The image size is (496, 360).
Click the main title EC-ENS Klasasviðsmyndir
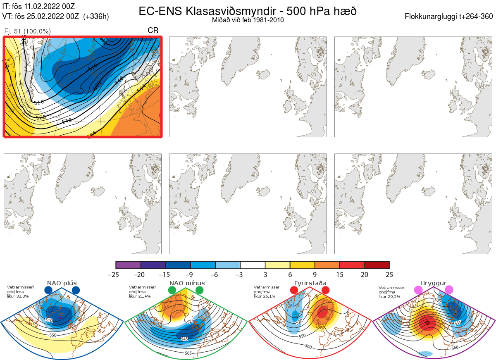(x=248, y=11)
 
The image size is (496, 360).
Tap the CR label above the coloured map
(x=153, y=30)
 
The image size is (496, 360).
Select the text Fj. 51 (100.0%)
(x=27, y=31)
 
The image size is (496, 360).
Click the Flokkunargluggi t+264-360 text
(x=450, y=17)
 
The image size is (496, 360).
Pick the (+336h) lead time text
(x=96, y=17)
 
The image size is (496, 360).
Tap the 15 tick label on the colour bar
(x=339, y=274)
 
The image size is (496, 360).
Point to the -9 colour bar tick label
(x=191, y=274)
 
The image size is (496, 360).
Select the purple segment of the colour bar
(x=128, y=265)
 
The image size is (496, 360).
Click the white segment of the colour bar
(x=253, y=265)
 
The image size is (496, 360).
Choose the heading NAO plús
(x=62, y=283)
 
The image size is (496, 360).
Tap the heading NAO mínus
(x=187, y=283)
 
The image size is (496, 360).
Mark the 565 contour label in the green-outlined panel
(x=188, y=353)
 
